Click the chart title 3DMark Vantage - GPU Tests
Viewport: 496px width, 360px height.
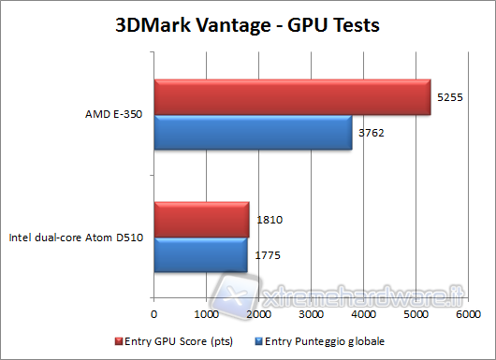click(247, 26)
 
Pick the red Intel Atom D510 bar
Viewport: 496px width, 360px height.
click(201, 220)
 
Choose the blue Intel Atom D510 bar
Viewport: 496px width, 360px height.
click(200, 254)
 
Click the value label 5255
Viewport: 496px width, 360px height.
click(449, 97)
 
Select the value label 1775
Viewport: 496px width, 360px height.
click(268, 254)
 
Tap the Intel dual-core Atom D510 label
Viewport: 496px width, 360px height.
click(76, 238)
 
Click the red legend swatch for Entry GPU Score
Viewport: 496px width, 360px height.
click(118, 340)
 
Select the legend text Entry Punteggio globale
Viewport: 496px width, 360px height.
click(329, 340)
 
